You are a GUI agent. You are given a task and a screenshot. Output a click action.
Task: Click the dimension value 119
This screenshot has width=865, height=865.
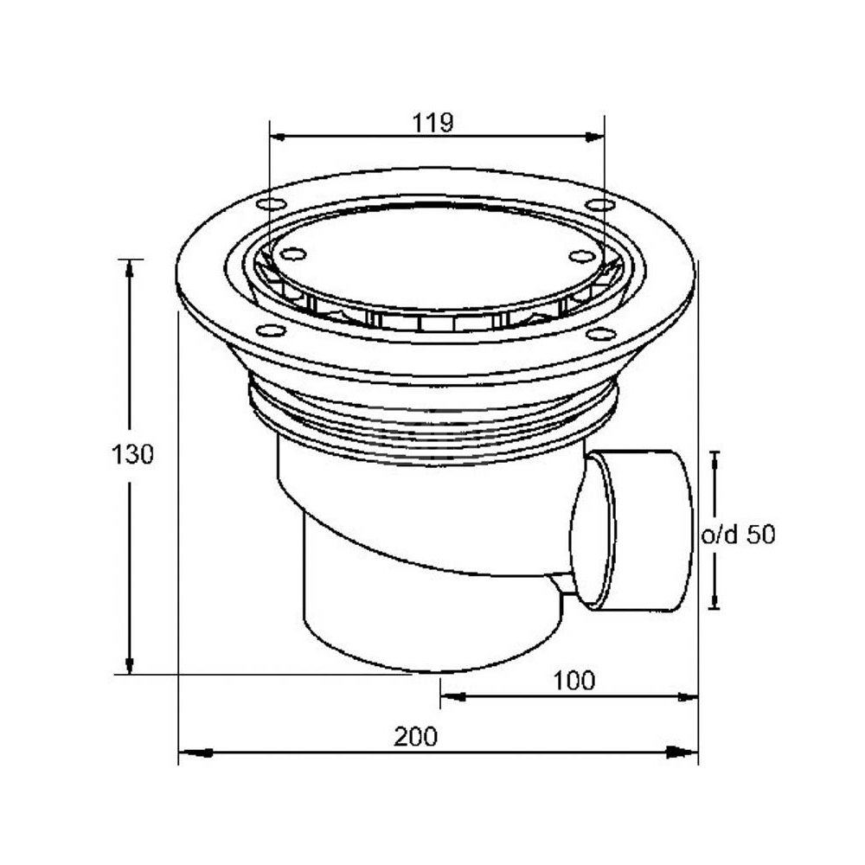(x=433, y=123)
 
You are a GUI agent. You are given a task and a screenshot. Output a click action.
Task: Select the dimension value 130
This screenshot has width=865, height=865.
(x=132, y=455)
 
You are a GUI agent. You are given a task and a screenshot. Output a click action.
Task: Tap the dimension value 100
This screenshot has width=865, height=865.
(x=573, y=681)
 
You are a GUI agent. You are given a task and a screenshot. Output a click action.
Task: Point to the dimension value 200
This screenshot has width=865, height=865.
(x=415, y=736)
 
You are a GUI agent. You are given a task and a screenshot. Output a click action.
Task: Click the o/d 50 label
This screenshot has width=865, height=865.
(x=738, y=535)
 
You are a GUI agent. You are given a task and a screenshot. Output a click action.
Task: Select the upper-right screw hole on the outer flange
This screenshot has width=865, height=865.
(x=600, y=205)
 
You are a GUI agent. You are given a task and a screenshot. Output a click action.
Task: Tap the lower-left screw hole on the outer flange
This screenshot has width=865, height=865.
(x=272, y=331)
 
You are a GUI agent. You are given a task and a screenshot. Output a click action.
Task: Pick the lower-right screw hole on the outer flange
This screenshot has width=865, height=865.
(x=601, y=334)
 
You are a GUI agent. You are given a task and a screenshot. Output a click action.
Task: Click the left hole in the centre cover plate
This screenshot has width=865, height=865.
(x=293, y=254)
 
